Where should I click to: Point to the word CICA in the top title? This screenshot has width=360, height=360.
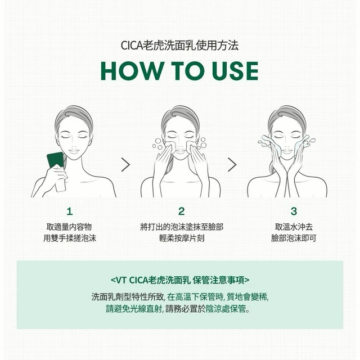(x=132, y=45)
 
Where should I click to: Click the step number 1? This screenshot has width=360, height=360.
(x=70, y=211)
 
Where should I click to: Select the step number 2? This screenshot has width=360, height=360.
(x=181, y=211)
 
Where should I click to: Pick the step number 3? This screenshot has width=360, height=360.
(x=294, y=211)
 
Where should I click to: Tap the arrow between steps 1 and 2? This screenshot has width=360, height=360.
(x=125, y=165)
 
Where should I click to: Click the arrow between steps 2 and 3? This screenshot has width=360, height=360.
(x=232, y=165)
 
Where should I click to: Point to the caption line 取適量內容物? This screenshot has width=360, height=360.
(x=69, y=227)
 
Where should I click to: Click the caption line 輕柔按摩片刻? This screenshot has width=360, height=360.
(x=182, y=238)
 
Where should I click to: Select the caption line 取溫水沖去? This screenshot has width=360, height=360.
(x=294, y=227)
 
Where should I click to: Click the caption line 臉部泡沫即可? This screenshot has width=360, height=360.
(x=294, y=238)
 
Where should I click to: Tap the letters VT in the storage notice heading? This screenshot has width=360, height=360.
(x=121, y=280)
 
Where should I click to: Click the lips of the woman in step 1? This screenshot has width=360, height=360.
(x=74, y=151)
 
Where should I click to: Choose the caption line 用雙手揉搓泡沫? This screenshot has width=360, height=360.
(x=70, y=238)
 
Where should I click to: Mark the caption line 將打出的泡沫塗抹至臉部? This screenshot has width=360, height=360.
(x=182, y=227)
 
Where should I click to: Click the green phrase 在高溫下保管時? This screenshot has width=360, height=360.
(x=195, y=297)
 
